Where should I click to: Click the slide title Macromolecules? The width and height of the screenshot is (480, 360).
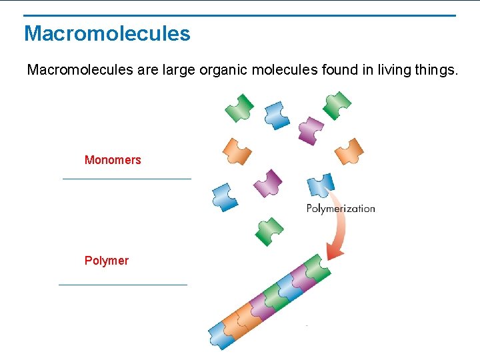coord(107,33)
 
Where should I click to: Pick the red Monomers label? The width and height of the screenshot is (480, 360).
coord(113,160)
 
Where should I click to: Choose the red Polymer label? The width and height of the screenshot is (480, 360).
coord(106,261)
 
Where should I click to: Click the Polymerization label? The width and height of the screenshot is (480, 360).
coord(341,209)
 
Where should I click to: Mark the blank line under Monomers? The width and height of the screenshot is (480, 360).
coord(127,179)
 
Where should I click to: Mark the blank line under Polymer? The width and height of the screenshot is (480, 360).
coord(123,285)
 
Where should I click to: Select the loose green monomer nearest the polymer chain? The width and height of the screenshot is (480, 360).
coord(269,231)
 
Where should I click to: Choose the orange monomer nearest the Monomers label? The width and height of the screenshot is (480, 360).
coord(237,151)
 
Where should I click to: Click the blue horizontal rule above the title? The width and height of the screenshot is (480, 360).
coord(240,15)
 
